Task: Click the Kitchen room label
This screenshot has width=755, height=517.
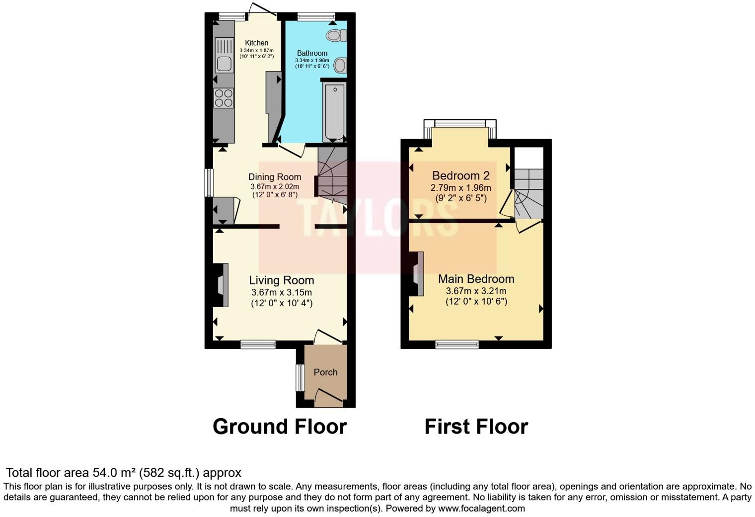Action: (x=256, y=43)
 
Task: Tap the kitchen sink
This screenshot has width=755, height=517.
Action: (x=225, y=63)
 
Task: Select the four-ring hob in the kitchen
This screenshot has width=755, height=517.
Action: (x=224, y=98)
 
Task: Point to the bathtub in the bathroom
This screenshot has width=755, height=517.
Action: (x=334, y=113)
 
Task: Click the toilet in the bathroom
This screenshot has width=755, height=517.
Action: (x=337, y=35)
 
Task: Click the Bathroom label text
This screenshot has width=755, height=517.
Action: (x=312, y=53)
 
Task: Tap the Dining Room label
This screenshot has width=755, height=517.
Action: (x=275, y=177)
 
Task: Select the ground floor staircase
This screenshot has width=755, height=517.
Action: (x=332, y=176)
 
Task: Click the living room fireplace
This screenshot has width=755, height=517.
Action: (x=221, y=285)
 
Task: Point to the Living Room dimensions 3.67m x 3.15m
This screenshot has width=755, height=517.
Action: (x=282, y=292)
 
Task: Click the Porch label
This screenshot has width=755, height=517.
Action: (x=325, y=372)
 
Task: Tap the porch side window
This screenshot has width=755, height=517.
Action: (x=300, y=378)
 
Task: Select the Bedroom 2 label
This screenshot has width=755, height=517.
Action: (x=460, y=175)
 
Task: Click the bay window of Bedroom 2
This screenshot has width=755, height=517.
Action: (x=459, y=124)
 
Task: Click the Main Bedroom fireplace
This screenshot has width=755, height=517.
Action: (x=417, y=274)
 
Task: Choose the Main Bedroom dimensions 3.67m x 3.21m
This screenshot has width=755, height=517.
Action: (x=476, y=291)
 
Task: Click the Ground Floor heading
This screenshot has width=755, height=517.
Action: (x=280, y=427)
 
